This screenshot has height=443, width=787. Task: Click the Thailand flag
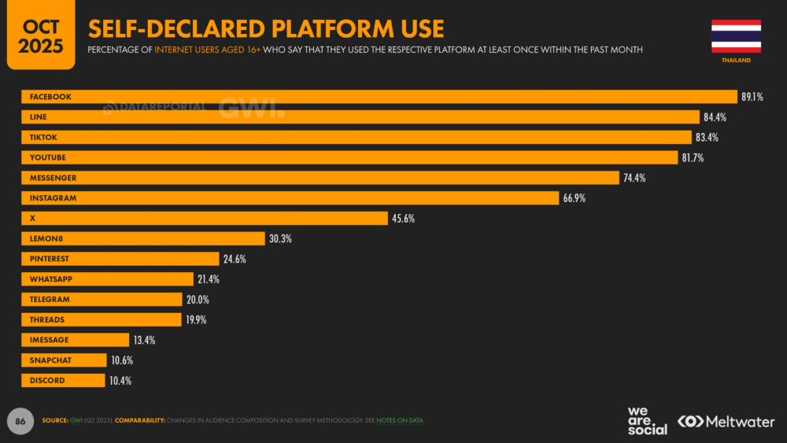[736, 36]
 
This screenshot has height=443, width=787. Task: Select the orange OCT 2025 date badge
[41, 34]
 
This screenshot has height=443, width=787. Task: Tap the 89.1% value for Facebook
[752, 97]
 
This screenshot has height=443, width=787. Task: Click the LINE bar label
[38, 117]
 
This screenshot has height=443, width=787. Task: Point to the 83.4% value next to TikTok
[707, 138]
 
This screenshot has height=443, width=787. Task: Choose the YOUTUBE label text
[48, 157]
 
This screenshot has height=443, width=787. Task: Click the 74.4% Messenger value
[634, 178]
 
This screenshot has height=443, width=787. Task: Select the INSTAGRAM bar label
[54, 198]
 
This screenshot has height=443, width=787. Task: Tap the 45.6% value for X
[403, 219]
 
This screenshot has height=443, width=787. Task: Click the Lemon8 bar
[143, 238]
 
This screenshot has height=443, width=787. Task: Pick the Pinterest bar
[120, 259]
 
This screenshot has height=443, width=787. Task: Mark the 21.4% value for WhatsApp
[209, 279]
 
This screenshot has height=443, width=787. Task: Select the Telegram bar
[102, 300]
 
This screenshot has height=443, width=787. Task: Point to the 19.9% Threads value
[196, 320]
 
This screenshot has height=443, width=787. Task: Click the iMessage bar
[76, 340]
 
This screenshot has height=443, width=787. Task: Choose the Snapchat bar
[65, 360]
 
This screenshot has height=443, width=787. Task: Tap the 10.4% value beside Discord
[120, 381]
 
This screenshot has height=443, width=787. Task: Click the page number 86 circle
[20, 421]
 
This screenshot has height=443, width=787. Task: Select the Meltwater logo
[726, 422]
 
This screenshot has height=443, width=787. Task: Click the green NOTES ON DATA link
[400, 420]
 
